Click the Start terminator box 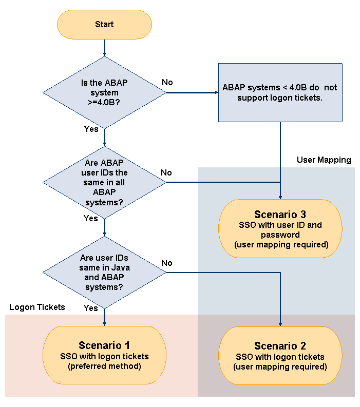[x=104, y=24]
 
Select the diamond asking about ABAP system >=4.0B [x=104, y=93]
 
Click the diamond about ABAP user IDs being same [x=104, y=182]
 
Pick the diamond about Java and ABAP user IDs [x=104, y=272]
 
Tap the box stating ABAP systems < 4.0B [x=280, y=92]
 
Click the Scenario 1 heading [x=104, y=345]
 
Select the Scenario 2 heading [x=280, y=346]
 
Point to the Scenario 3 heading [x=280, y=214]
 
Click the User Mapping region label [x=324, y=160]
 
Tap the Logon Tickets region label [x=37, y=307]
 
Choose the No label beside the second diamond [x=166, y=172]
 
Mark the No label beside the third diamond [x=167, y=263]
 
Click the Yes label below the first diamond [x=91, y=129]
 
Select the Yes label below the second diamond [x=90, y=219]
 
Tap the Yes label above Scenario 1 [x=90, y=308]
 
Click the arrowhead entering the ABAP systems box [x=215, y=93]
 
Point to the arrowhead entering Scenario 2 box [x=280, y=323]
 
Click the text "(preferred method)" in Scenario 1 [x=104, y=367]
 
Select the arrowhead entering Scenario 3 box [x=280, y=196]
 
